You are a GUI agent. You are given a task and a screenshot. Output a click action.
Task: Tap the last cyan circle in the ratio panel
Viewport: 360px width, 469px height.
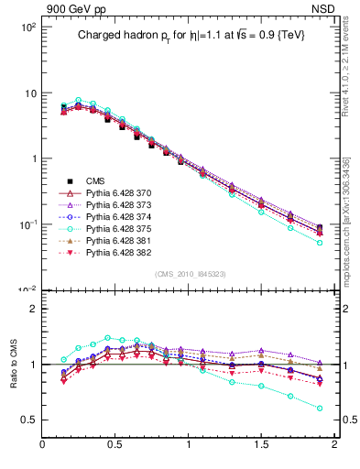320,408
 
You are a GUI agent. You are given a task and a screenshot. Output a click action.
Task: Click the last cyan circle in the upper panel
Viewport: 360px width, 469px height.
320,243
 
